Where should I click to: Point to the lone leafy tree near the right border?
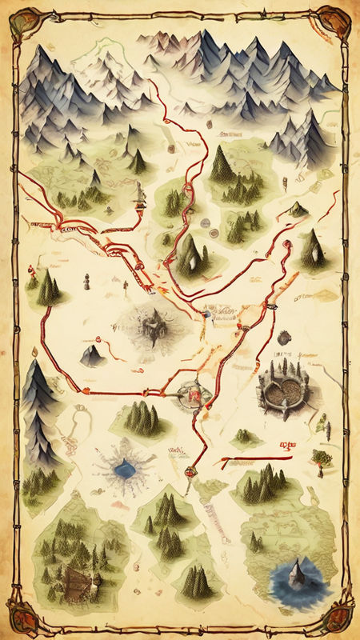pos(323,457)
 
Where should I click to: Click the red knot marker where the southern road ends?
pos(190,472)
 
